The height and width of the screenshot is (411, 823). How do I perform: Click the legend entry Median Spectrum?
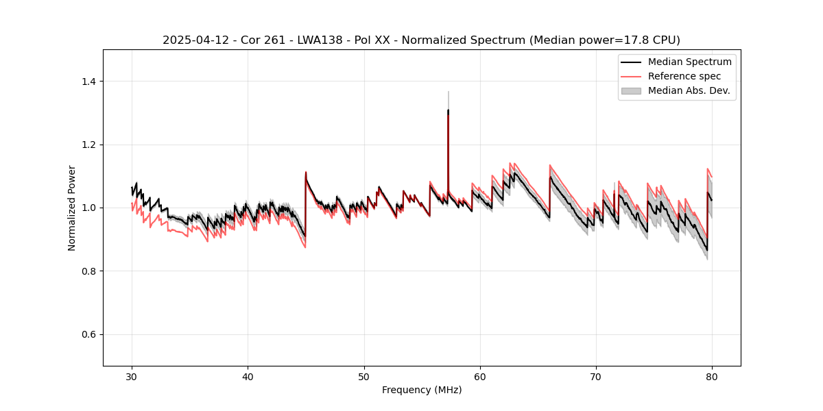pos(689,62)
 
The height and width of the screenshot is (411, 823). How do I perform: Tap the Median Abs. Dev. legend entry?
pos(689,90)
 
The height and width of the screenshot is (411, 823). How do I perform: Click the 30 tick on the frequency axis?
pos(132,377)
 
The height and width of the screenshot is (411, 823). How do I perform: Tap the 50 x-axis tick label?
pos(364,377)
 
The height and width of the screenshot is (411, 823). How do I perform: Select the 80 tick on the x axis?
pos(712,377)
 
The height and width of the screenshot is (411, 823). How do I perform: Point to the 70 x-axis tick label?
pos(596,377)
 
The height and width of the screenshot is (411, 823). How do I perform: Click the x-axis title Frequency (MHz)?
pos(422,390)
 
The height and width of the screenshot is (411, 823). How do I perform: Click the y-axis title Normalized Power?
pos(72,208)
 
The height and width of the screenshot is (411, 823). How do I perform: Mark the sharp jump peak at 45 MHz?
pos(306,172)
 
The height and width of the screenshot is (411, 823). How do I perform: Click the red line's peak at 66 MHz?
pos(550,165)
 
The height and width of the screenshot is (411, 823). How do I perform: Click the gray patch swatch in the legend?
pos(631,90)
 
